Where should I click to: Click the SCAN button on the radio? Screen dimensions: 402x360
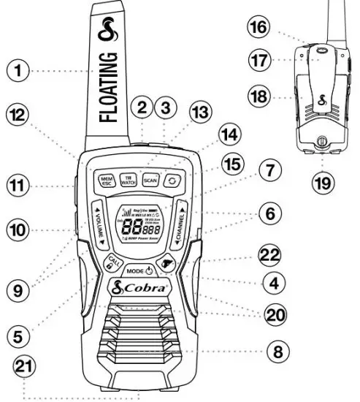point(150,178)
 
